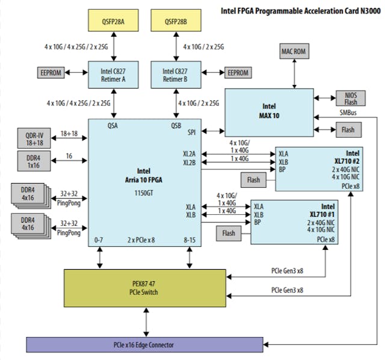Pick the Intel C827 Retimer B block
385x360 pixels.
(177, 74)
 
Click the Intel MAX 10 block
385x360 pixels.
(269, 111)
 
